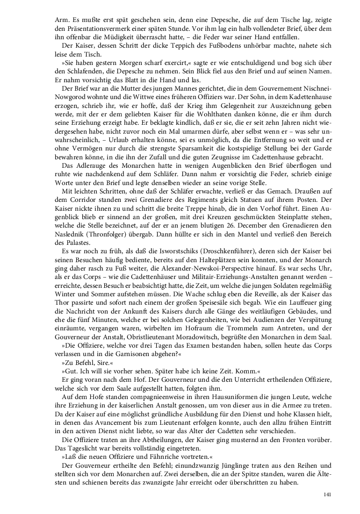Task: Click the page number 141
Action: [x=327, y=495]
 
